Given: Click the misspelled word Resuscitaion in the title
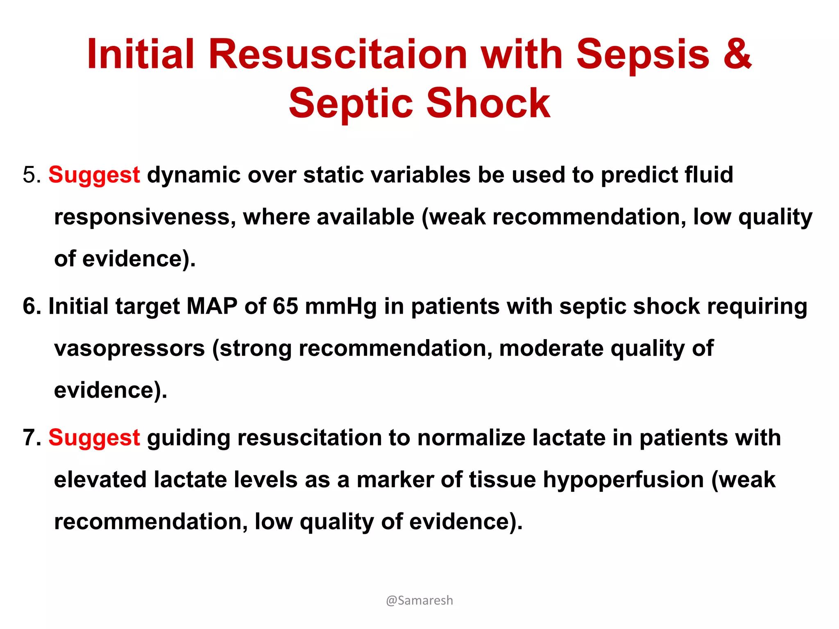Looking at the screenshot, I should click(x=338, y=54).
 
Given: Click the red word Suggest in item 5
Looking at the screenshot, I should click(x=94, y=175).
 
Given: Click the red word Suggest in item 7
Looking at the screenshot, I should click(x=94, y=438).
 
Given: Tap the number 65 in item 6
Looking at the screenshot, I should click(x=285, y=306).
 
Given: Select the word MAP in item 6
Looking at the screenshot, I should click(x=212, y=306).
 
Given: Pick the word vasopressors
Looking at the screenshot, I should click(x=129, y=349).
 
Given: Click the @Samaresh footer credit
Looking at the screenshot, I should click(x=419, y=600).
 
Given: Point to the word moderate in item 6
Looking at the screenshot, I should click(x=551, y=348).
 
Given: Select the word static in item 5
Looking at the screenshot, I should click(x=333, y=175).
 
